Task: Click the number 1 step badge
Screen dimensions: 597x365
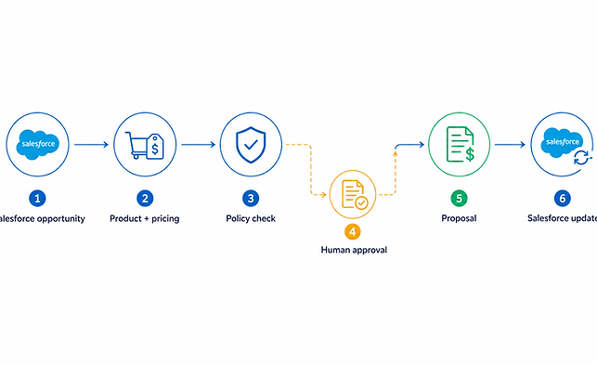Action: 37,198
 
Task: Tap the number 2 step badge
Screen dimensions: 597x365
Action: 145,198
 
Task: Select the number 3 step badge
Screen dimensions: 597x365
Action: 251,198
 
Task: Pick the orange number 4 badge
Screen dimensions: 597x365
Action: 353,231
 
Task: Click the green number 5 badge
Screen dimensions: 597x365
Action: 459,198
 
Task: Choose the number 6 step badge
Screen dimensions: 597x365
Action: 563,198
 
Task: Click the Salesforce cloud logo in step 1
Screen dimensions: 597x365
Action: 38,144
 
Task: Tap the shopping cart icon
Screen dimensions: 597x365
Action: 136,145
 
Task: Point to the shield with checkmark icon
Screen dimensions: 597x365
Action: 251,145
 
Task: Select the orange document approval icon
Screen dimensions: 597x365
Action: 354,194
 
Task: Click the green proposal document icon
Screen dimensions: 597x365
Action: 461,144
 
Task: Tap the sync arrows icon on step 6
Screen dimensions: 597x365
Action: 581,157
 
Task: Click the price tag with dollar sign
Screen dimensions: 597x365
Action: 155,147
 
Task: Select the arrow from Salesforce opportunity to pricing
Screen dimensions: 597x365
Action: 91,144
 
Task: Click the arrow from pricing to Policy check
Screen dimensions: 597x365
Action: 199,144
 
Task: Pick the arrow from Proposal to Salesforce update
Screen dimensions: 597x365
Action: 511,144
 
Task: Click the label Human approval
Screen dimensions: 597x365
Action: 354,250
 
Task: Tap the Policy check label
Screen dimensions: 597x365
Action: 251,218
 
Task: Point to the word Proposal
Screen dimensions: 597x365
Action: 459,218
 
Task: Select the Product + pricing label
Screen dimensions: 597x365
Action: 144,218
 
